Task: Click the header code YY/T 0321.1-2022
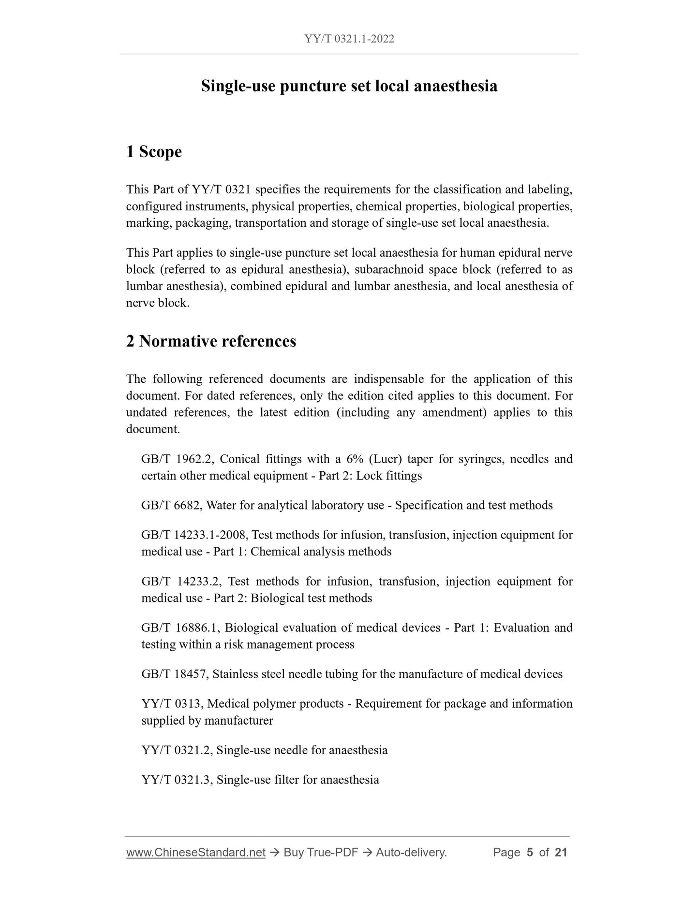point(349,39)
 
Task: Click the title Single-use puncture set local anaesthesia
point(349,86)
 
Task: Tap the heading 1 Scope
point(154,152)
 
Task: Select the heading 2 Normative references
point(211,341)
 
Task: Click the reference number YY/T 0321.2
point(178,750)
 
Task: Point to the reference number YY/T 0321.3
point(178,779)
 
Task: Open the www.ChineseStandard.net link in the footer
point(196,852)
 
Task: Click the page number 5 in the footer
point(530,852)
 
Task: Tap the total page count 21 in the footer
point(561,852)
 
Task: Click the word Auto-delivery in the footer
point(411,852)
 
